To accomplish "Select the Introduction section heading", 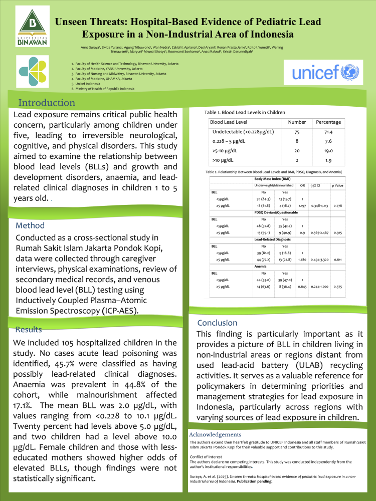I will click(x=47, y=103).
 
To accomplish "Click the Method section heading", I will click(x=30, y=225).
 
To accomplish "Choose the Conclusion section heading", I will click(x=217, y=323).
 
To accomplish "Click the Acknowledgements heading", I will click(x=216, y=434).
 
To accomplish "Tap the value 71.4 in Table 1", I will click(x=328, y=132).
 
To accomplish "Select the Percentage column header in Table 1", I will click(x=328, y=122).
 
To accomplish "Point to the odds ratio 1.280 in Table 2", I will click(x=302, y=260).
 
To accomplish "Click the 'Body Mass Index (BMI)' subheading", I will click(x=273, y=178).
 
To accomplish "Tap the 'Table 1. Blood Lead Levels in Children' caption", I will click(x=244, y=112).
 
